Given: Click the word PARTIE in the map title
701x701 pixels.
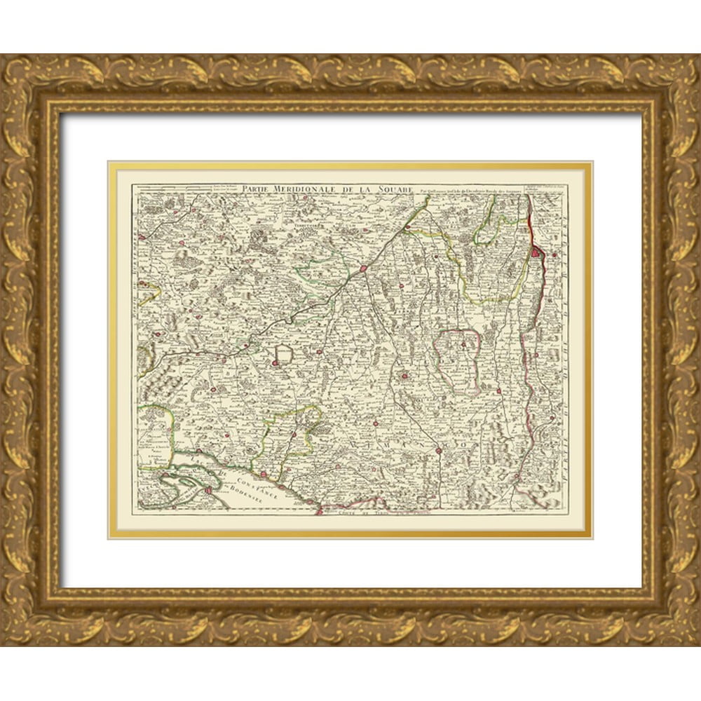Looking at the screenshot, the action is pos(257,189).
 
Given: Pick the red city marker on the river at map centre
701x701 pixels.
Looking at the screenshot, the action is pos(364,268).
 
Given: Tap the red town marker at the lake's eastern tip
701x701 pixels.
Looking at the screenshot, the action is pos(319,511).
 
